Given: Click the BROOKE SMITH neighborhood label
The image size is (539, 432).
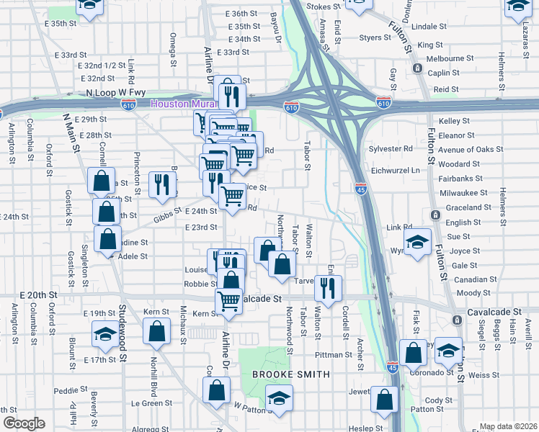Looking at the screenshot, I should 290,374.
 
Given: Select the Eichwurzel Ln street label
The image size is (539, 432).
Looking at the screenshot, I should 394,170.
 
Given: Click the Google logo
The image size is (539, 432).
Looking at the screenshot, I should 24,423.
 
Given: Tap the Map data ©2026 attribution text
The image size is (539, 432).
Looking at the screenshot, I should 509,426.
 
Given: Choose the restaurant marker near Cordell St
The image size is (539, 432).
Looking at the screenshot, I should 328,288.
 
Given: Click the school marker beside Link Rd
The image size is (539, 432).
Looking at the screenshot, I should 416,242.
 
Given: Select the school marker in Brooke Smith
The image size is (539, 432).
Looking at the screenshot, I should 279,397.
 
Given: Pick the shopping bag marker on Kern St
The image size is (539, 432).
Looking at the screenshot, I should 156,331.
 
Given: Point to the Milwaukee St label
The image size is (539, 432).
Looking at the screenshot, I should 463,193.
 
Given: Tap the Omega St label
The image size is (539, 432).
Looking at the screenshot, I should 174,49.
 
